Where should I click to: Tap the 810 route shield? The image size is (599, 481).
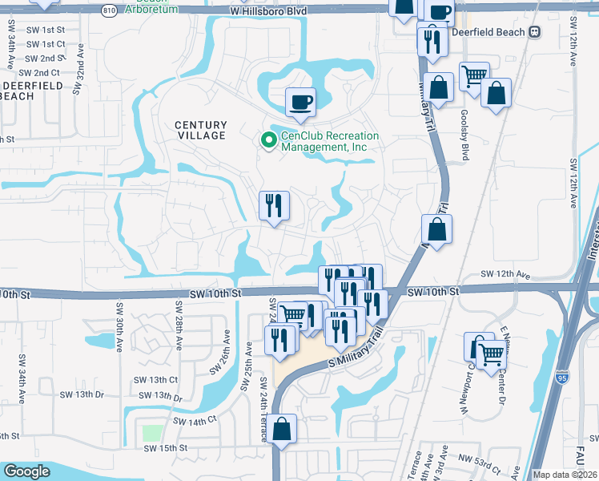[109, 11]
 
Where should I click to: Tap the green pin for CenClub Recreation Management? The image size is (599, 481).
[268, 141]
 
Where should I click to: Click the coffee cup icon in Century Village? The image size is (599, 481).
[300, 102]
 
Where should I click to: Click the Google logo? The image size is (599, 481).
[26, 471]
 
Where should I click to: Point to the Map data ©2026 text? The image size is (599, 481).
[564, 475]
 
